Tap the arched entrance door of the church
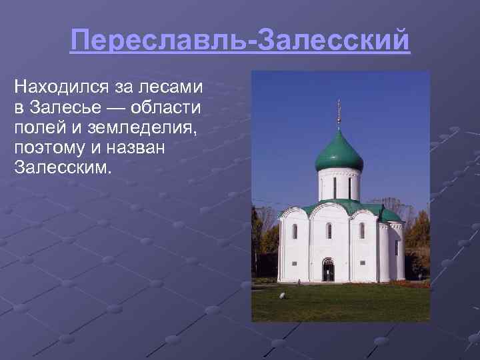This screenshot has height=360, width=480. coord(329,270)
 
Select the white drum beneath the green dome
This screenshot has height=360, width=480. coord(339,184)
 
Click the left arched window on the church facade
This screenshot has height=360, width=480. coord(295,231)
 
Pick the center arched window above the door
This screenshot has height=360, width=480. coord(329,230)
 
